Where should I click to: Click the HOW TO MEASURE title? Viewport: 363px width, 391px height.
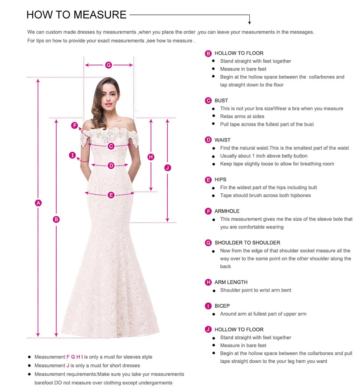point(76,15)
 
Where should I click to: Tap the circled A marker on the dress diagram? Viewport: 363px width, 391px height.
point(38,203)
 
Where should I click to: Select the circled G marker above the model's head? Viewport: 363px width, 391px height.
point(109,65)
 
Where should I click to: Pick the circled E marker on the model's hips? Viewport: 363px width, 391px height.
point(111,195)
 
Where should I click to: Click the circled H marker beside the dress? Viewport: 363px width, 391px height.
point(151,157)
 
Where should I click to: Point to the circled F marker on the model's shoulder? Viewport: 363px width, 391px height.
point(74,126)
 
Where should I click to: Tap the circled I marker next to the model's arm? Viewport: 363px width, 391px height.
point(73,156)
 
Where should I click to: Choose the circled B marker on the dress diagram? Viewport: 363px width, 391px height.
point(56,219)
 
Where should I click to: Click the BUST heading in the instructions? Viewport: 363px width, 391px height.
point(221,101)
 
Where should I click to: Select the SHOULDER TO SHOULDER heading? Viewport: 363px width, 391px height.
point(247,243)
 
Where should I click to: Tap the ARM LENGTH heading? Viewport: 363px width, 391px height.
point(231,282)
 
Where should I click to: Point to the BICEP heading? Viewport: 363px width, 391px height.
point(222,306)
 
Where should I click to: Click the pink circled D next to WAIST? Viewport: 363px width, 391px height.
point(208,140)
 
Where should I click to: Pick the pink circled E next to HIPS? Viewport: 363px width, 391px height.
point(208,180)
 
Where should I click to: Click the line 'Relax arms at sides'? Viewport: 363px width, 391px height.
point(242,116)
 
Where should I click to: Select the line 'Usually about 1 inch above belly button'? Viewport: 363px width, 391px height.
point(264,156)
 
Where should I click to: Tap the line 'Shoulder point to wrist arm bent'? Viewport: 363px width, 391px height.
point(256,290)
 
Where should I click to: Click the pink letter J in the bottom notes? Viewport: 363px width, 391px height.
point(68,366)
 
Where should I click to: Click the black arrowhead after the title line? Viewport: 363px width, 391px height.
point(249,23)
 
